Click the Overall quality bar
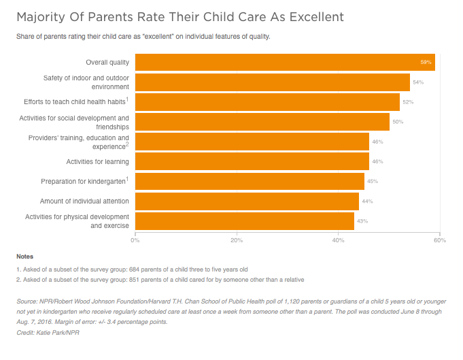tap(285, 63)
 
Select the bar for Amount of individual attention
tap(247, 201)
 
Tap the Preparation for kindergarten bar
tap(250, 182)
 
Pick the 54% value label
tap(418, 82)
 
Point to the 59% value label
tap(426, 63)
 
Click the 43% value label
tap(362, 221)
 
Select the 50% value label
tap(398, 122)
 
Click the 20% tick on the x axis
tap(237, 240)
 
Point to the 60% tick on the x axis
tap(439, 240)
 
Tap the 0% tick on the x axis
tap(135, 240)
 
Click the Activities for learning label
tap(97, 162)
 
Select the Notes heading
tap(24, 257)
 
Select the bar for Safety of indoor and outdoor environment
tap(272, 82)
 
